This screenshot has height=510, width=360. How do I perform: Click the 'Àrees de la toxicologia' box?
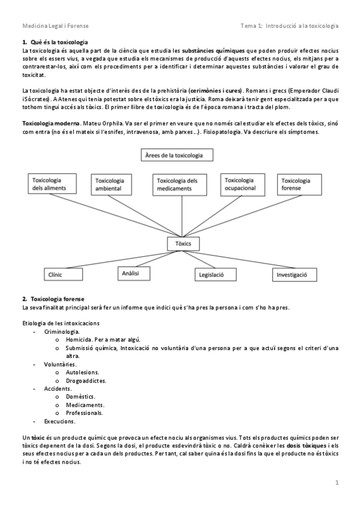coord(178,156)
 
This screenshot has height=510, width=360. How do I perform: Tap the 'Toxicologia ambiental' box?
coord(116,185)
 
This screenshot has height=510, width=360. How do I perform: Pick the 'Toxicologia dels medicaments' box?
coord(178,184)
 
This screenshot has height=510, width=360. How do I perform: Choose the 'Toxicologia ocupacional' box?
coord(242,184)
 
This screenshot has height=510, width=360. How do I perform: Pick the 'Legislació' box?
coord(212,274)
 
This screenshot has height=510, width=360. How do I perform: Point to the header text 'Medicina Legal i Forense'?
coord(54,26)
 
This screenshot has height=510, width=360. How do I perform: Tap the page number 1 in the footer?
coord(337,482)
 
